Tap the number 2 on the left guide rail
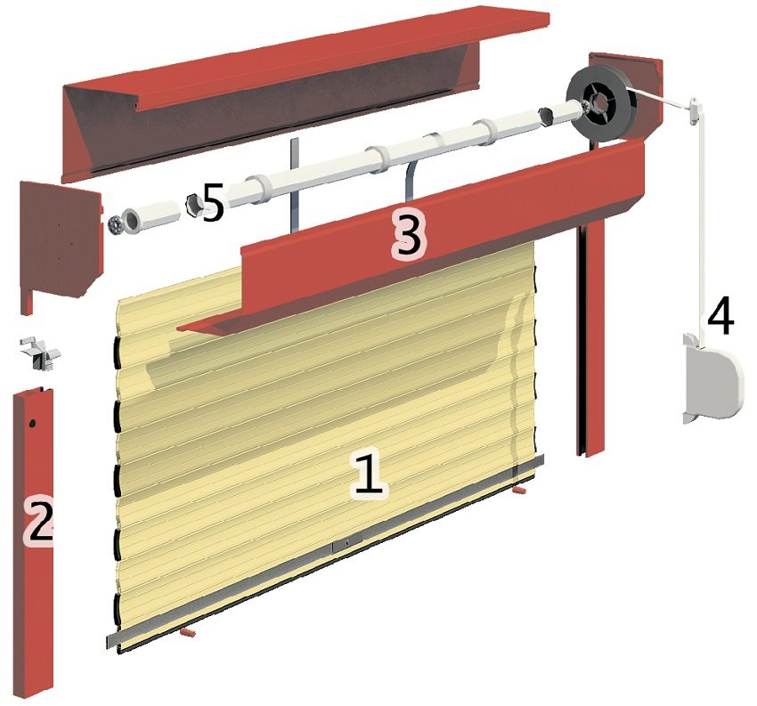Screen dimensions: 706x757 [40, 522]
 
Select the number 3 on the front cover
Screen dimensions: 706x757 [407, 235]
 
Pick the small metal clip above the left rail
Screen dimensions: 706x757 [40, 353]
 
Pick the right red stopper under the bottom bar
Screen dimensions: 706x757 [522, 489]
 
